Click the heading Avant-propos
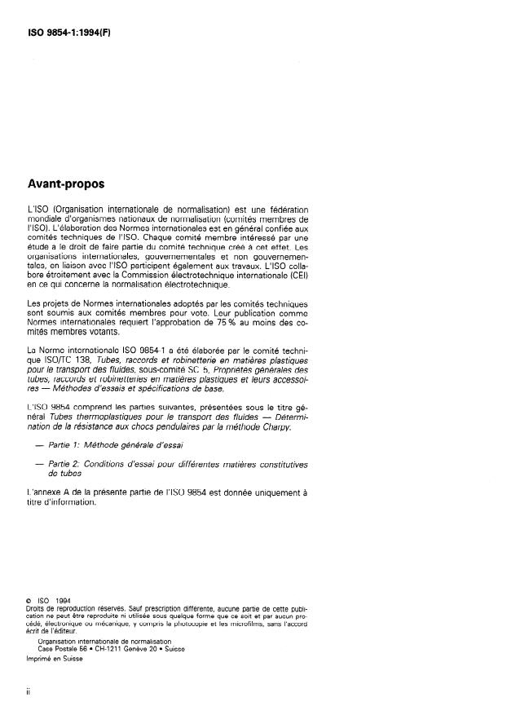click(x=63, y=184)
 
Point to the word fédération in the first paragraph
click(x=285, y=209)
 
